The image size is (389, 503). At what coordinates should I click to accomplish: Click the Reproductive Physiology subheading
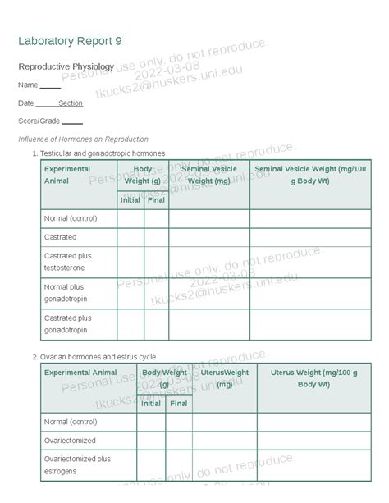pyautogui.click(x=66, y=66)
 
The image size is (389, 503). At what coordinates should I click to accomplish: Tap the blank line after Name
pyautogui.click(x=50, y=86)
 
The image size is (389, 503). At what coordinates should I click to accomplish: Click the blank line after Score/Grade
pyautogui.click(x=72, y=121)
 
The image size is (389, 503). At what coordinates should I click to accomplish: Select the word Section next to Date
pyautogui.click(x=71, y=103)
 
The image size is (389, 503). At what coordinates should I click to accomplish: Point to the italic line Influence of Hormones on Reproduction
pyautogui.click(x=83, y=139)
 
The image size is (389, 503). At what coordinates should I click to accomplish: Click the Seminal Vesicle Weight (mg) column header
pyautogui.click(x=209, y=174)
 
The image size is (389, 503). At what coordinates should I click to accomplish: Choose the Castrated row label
pyautogui.click(x=60, y=237)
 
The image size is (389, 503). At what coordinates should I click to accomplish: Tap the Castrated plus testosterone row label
pyautogui.click(x=67, y=262)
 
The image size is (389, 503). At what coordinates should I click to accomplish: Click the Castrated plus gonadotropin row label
pyautogui.click(x=67, y=323)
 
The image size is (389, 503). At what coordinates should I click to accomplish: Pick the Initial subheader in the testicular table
pyautogui.click(x=130, y=199)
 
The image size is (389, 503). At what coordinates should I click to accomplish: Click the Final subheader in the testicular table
pyautogui.click(x=156, y=199)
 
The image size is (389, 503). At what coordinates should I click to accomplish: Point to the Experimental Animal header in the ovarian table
pyautogui.click(x=80, y=373)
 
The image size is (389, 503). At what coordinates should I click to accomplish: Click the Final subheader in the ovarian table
pyautogui.click(x=178, y=403)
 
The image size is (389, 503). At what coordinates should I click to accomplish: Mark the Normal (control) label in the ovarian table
pyautogui.click(x=70, y=421)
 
